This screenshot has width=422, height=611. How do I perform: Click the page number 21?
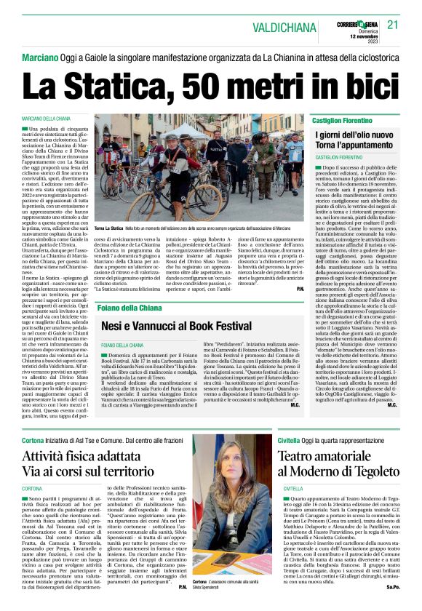coord(393,25)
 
